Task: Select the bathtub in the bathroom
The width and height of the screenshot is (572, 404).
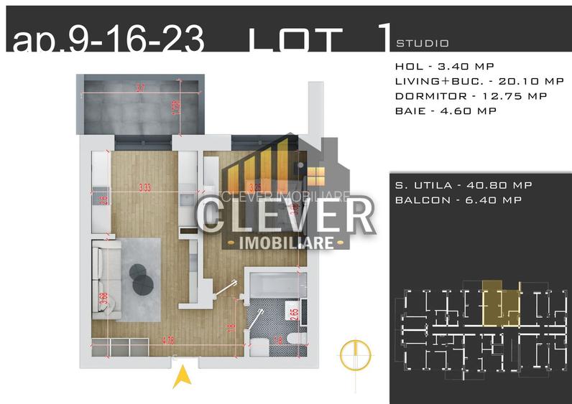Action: (276, 283)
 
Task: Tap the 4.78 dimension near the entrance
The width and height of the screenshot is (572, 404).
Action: (167, 339)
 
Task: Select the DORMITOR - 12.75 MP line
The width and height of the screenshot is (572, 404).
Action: (471, 96)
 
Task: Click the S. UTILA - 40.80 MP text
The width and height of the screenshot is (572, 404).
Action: (463, 185)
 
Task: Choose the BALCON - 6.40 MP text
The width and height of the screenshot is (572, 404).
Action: (458, 200)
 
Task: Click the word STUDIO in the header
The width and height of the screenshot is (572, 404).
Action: (423, 43)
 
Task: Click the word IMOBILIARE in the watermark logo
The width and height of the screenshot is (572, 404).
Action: (287, 243)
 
